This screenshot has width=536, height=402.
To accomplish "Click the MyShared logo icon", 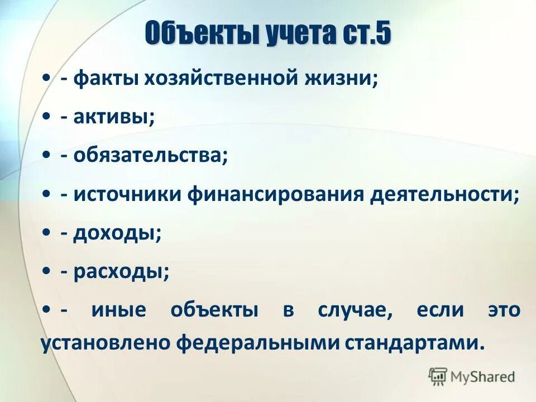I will click(x=438, y=376).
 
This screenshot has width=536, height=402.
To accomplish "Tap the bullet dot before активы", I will click(x=47, y=117).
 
